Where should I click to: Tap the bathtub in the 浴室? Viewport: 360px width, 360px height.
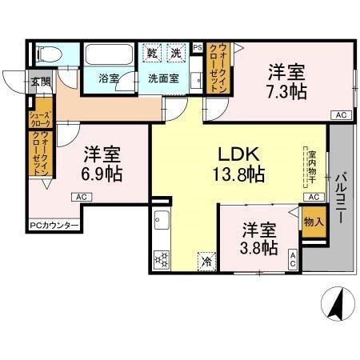(x=110, y=58)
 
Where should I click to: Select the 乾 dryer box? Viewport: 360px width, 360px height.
(x=153, y=54)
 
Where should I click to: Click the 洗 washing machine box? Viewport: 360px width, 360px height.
(x=176, y=54)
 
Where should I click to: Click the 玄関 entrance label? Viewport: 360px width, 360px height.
(x=39, y=80)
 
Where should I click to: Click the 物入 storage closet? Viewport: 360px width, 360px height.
(x=313, y=221)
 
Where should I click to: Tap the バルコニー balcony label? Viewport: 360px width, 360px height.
(x=340, y=199)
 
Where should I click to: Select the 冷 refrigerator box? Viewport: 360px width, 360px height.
(x=207, y=260)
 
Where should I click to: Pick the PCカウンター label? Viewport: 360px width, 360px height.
(x=54, y=226)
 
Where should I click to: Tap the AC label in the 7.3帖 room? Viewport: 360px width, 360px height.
(x=341, y=115)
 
